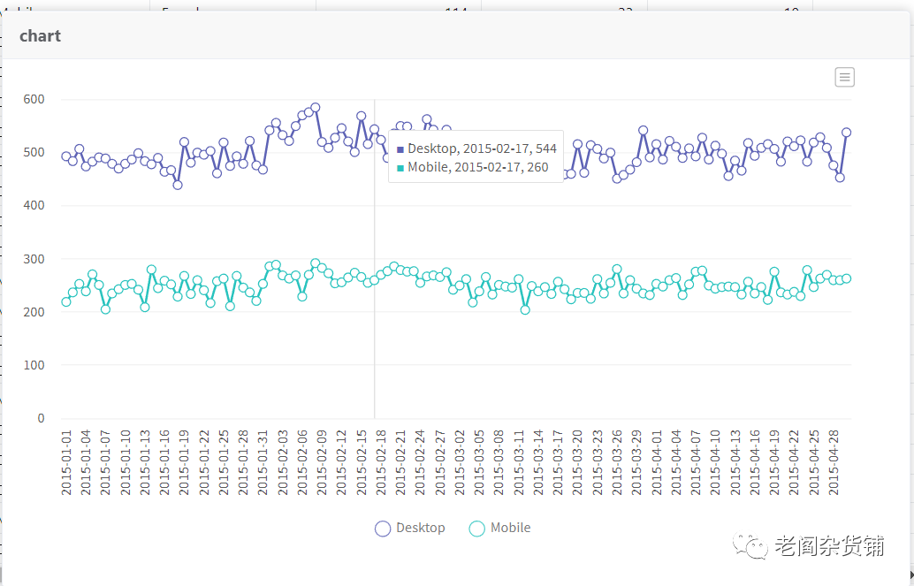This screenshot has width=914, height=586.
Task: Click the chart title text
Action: (40, 36)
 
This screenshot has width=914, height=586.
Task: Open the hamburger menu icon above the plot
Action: (844, 77)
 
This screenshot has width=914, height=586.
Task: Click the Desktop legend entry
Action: (410, 528)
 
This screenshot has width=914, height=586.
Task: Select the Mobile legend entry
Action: (499, 528)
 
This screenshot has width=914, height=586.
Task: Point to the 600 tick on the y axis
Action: (34, 99)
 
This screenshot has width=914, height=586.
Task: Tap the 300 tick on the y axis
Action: (34, 259)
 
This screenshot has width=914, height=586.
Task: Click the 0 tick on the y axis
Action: (40, 418)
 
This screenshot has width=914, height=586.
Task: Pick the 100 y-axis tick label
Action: (34, 365)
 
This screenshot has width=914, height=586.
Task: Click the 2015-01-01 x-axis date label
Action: (66, 462)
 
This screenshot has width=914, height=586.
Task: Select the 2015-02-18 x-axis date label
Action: (381, 462)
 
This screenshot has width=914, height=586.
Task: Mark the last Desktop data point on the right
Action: (846, 133)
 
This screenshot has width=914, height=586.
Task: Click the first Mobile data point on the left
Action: (66, 301)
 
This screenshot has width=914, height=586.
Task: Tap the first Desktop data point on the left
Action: (66, 156)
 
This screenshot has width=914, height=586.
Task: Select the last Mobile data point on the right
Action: (846, 278)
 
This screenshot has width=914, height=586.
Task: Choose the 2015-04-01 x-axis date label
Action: (657, 462)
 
